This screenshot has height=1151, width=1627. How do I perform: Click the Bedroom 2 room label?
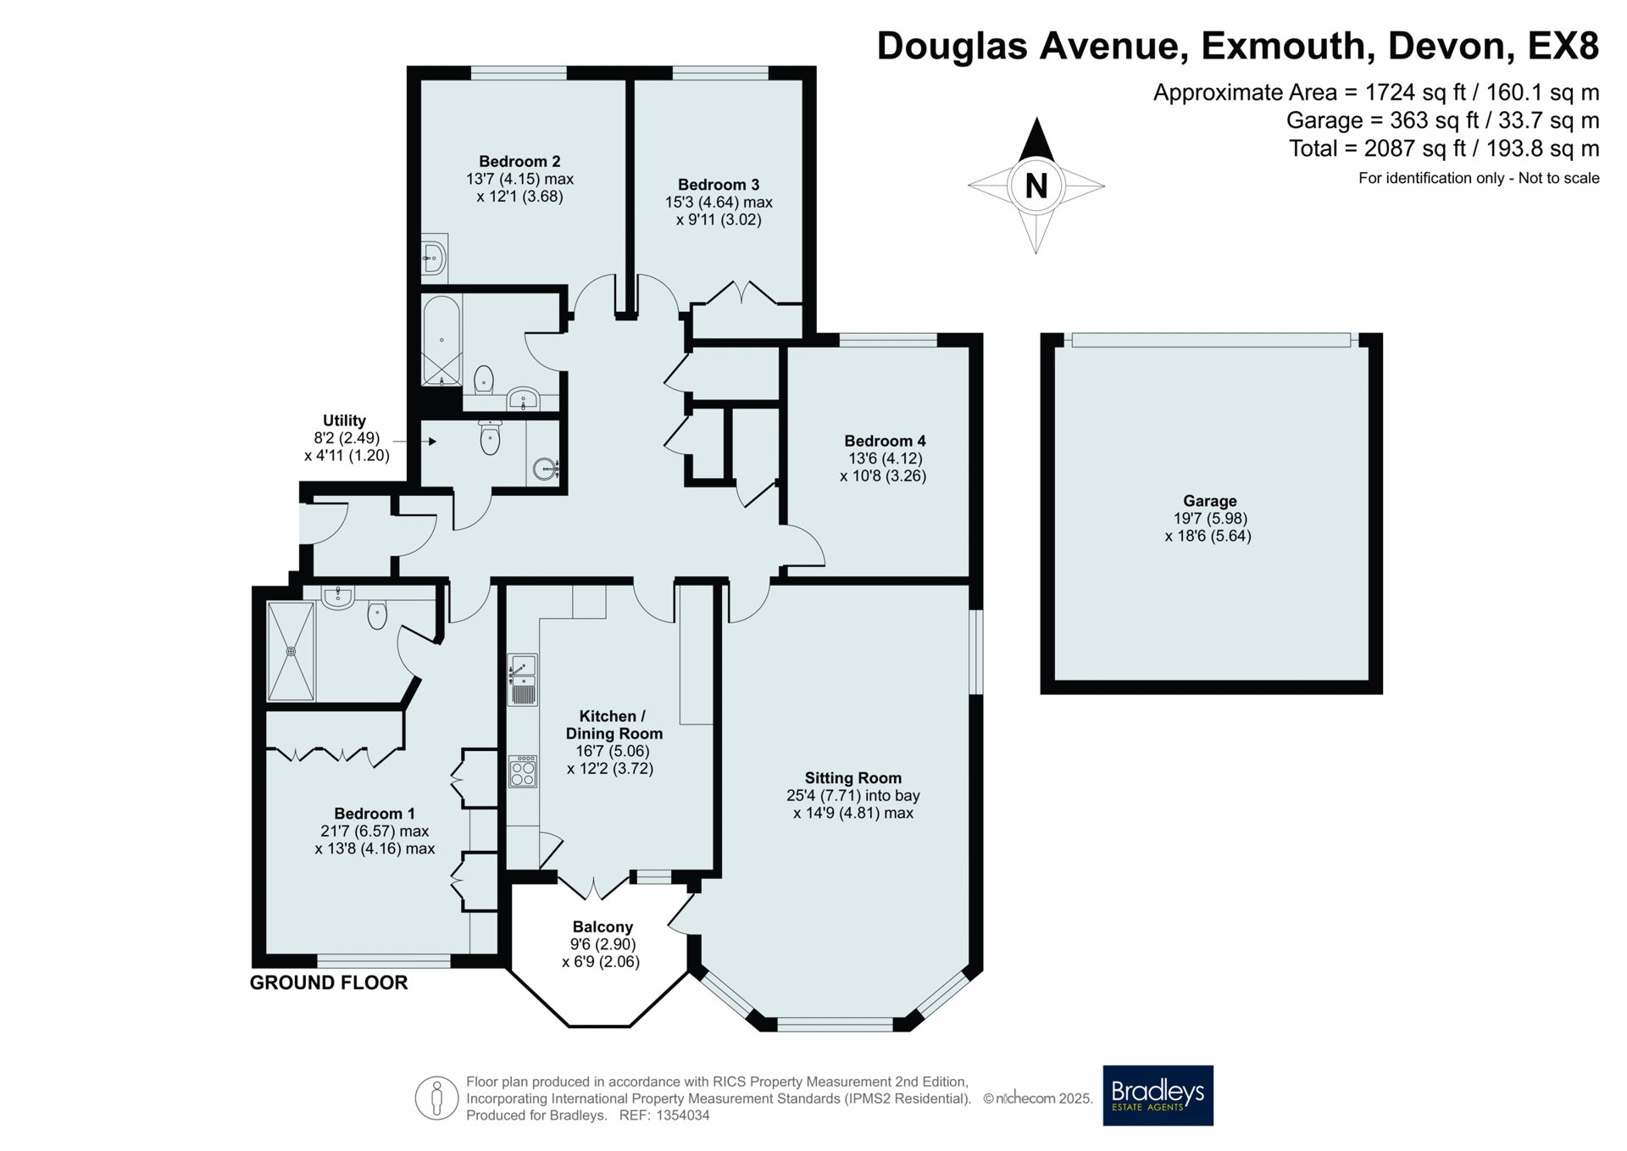pyautogui.click(x=519, y=161)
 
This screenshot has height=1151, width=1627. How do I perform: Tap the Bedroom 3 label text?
pyautogui.click(x=719, y=185)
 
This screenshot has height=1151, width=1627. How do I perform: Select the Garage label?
pyautogui.click(x=1210, y=501)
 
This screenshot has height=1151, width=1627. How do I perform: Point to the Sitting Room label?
pyautogui.click(x=852, y=778)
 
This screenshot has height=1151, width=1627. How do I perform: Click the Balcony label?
pyautogui.click(x=602, y=927)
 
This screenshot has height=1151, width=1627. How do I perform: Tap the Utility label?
pyautogui.click(x=344, y=420)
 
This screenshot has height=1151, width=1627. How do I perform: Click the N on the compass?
pyautogui.click(x=1036, y=186)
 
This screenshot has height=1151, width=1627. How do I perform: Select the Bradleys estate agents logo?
pyautogui.click(x=1158, y=1095)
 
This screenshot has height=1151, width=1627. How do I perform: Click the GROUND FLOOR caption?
pyautogui.click(x=329, y=982)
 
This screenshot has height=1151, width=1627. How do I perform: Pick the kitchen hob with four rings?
pyautogui.click(x=523, y=771)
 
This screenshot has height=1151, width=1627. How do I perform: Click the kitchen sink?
pyautogui.click(x=523, y=680)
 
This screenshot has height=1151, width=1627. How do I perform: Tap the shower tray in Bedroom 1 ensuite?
pyautogui.click(x=291, y=651)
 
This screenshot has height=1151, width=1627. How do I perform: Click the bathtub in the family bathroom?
pyautogui.click(x=441, y=341)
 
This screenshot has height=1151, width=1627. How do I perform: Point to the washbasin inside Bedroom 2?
pyautogui.click(x=434, y=257)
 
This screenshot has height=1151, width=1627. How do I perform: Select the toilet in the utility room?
pyautogui.click(x=490, y=436)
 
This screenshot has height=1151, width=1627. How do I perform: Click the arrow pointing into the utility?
pyautogui.click(x=415, y=442)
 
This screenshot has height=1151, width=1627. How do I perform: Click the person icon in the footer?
pyautogui.click(x=436, y=1098)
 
